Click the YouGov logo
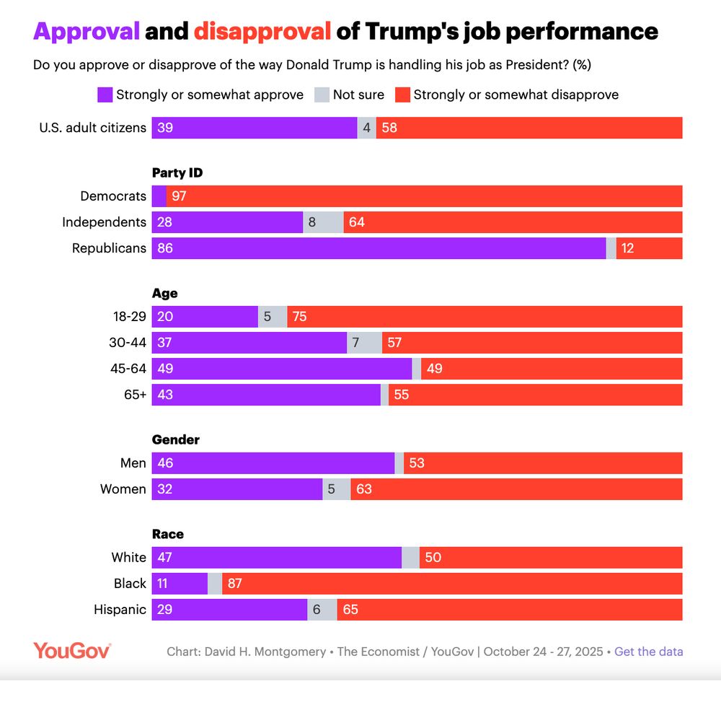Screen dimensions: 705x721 tap(71, 651)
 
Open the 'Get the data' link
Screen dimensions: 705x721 tap(648, 652)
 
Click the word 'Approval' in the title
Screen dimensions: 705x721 tap(87, 31)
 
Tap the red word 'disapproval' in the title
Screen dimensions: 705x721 tap(262, 31)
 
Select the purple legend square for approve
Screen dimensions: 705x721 tap(105, 95)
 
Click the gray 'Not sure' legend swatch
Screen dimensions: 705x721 tap(321, 95)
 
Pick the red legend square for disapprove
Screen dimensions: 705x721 tap(402, 95)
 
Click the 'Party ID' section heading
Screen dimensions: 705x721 tap(177, 172)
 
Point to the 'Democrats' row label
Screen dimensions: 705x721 tap(113, 196)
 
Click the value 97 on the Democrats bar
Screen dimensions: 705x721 tap(179, 196)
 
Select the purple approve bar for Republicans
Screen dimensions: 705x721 tap(379, 248)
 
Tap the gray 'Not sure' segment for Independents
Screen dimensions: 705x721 tap(323, 222)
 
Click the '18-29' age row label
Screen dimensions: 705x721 tap(130, 317)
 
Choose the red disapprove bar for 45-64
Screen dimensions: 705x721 tap(552, 369)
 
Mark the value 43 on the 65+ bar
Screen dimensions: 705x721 tap(165, 395)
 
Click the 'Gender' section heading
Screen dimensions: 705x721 tap(175, 439)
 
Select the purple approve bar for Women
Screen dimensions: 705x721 tap(236, 489)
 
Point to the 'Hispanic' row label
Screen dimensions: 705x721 tap(120, 610)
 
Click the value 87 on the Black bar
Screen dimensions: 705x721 tap(235, 584)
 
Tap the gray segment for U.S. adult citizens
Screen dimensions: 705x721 tap(366, 128)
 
